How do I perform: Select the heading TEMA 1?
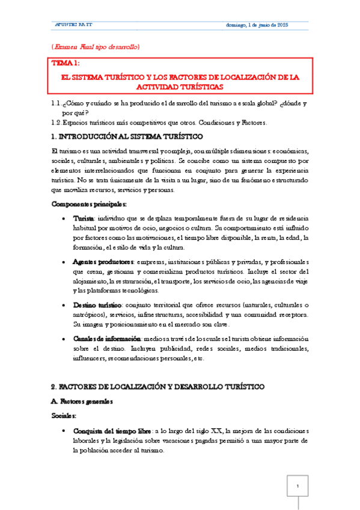[x=66, y=63]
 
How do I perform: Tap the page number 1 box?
[x=297, y=485]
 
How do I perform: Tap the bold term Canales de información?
[x=106, y=339]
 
